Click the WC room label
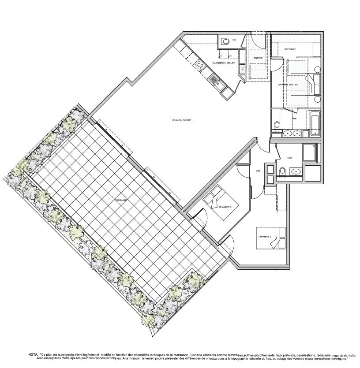tap(234, 40)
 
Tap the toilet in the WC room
tap(225, 42)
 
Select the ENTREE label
tap(258, 58)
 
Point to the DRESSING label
tap(290, 49)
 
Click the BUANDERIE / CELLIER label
tap(224, 63)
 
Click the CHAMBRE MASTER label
tap(288, 84)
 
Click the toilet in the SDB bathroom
tap(277, 126)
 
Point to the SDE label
tap(289, 157)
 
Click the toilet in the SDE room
tap(282, 171)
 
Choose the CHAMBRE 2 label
tap(265, 237)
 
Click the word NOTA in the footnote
tap(33, 354)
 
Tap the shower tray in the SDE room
tap(309, 152)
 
